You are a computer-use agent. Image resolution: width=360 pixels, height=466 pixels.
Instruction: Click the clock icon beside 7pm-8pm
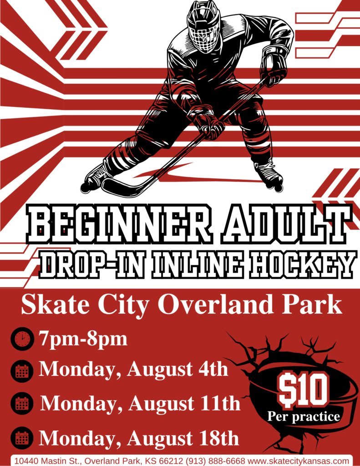[x=22, y=339]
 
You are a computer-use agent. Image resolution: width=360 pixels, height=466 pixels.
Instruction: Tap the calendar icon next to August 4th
[x=22, y=370]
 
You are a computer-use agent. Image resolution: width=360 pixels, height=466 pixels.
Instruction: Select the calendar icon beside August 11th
[x=22, y=404]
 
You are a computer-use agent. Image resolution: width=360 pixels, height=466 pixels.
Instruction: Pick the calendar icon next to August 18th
[x=22, y=438]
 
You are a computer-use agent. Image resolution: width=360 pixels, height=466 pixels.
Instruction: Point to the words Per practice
[x=304, y=417]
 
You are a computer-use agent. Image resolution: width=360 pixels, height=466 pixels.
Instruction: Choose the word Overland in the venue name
[x=215, y=304]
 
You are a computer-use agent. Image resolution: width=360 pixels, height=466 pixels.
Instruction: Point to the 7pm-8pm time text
[x=83, y=339]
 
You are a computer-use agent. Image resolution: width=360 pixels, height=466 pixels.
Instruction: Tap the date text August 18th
[x=183, y=438]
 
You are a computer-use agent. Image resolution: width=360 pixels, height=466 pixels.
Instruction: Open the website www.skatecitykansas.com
[x=298, y=461]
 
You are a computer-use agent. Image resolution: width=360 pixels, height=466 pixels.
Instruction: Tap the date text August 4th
[x=178, y=370]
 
